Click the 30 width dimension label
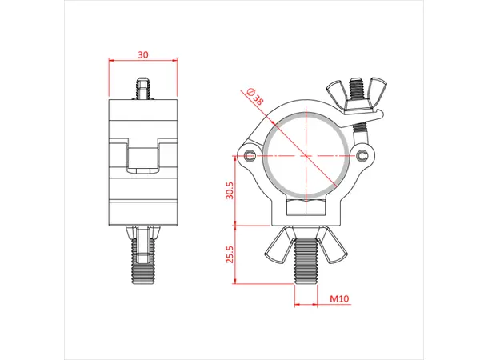coord(142,54)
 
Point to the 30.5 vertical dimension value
coord(230,194)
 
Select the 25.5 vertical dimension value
coord(230,255)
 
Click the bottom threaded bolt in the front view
coord(306,262)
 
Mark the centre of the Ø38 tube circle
coord(306,154)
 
